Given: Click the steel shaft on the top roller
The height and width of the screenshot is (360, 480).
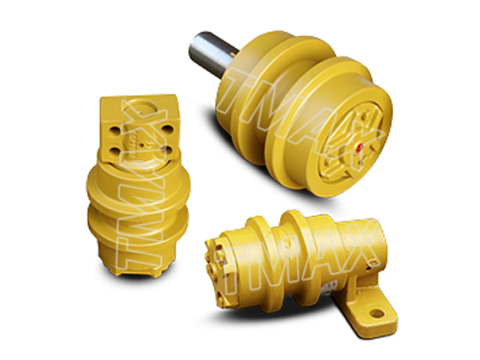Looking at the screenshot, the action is (x=212, y=54).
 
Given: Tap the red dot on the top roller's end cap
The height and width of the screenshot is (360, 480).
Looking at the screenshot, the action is (x=359, y=147).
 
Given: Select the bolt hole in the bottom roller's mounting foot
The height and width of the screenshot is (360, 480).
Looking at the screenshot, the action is (x=377, y=314).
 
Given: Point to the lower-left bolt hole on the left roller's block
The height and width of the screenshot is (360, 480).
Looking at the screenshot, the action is (x=116, y=151).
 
